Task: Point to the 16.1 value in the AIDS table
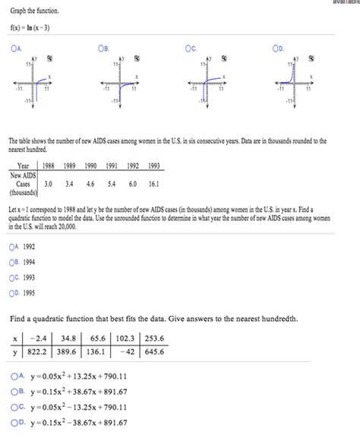(153, 183)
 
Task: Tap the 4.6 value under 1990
(90, 183)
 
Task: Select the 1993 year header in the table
(153, 165)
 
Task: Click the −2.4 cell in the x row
(38, 338)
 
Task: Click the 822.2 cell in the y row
(38, 353)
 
